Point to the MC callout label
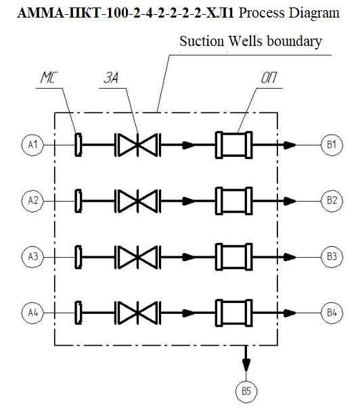tap(49, 77)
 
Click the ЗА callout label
tap(111, 78)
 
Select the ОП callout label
tap(269, 78)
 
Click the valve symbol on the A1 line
tap(137, 145)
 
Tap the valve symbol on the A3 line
tap(137, 257)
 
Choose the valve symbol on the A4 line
tap(137, 313)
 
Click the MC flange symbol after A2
tap(78, 201)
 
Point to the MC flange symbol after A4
tap(78, 313)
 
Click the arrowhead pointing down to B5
tap(246, 365)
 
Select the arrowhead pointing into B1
tap(290, 145)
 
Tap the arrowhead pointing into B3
tap(290, 257)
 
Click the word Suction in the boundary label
tap(202, 41)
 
